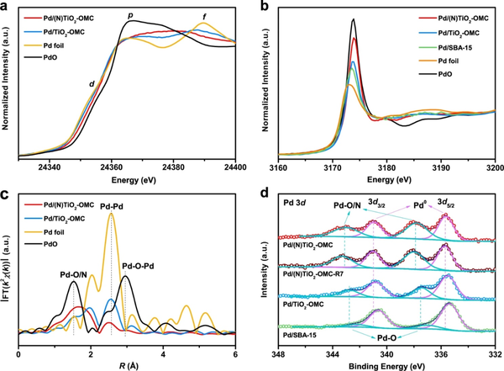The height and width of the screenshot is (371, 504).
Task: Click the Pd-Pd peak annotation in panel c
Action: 111,203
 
